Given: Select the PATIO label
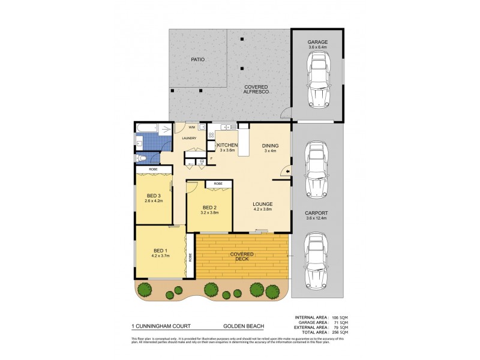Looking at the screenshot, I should tap(199, 60).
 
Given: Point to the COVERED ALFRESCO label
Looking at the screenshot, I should tap(256, 89).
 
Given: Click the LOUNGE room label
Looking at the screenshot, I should tap(263, 203).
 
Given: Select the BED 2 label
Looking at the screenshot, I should tap(208, 207).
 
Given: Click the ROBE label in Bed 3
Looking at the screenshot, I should tap(154, 170).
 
